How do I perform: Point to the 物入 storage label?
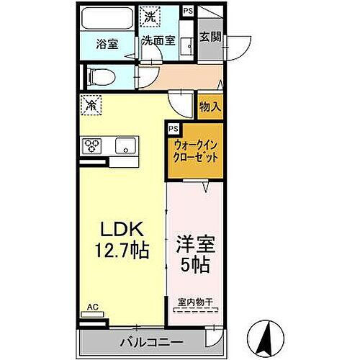(210, 107)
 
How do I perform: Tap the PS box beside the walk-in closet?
(173, 128)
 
